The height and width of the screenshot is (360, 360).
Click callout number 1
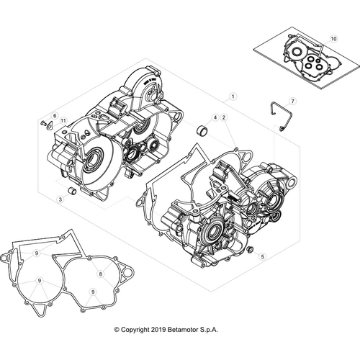click(x=233, y=96)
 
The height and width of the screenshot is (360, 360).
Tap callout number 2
click(x=224, y=117)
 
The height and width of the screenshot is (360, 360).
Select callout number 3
click(x=60, y=199)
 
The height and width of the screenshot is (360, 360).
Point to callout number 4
click(x=215, y=117)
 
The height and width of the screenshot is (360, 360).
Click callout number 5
click(x=263, y=256)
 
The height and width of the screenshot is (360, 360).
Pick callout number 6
click(x=55, y=116)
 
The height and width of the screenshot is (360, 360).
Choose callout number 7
click(x=292, y=102)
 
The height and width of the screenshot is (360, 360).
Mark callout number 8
click(x=100, y=274)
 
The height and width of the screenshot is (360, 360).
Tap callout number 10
click(x=334, y=39)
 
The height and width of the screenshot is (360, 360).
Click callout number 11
click(x=63, y=121)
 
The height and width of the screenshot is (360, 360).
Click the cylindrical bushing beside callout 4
click(x=202, y=131)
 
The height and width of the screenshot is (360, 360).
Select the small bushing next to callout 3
click(x=72, y=191)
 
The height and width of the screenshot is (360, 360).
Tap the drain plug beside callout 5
click(x=250, y=250)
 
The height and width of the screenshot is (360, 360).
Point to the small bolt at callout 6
click(x=43, y=124)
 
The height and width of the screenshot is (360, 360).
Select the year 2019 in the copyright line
click(x=158, y=330)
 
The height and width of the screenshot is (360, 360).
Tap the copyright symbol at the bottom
click(x=117, y=330)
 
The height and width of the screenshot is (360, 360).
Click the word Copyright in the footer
click(x=135, y=330)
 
